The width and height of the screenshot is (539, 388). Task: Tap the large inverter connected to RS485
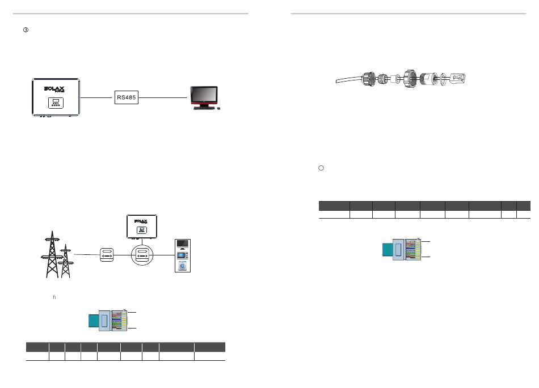pyautogui.click(x=55, y=97)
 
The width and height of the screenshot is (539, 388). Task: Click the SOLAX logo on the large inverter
pyautogui.click(x=55, y=89)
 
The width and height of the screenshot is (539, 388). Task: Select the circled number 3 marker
pyautogui.click(x=26, y=30)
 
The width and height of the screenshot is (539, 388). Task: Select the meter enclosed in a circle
pyautogui.click(x=143, y=255)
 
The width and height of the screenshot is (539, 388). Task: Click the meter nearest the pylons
pyautogui.click(x=108, y=255)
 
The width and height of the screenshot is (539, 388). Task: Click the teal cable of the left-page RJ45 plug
pyautogui.click(x=92, y=321)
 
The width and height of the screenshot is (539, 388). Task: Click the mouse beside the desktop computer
pyautogui.click(x=219, y=108)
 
